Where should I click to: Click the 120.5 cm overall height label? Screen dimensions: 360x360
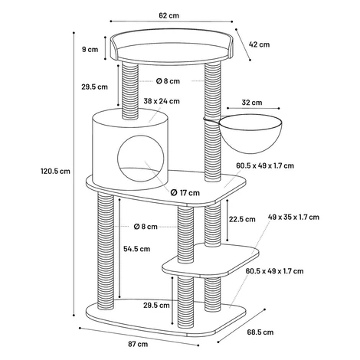pos(55,171)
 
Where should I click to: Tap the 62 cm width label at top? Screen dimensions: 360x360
pos(169,15)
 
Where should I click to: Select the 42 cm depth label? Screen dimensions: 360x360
pos(259,44)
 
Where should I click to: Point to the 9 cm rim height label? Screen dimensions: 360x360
pos(90,49)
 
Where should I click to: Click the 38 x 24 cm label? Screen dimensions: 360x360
pos(162,101)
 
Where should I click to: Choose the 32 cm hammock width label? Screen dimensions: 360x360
pos(252,103)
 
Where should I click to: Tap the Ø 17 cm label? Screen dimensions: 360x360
pos(185,192)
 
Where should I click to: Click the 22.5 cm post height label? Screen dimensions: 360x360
pos(242,219)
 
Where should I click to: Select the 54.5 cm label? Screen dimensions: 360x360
pos(137,249)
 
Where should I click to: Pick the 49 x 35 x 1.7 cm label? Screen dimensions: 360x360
pos(293,218)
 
